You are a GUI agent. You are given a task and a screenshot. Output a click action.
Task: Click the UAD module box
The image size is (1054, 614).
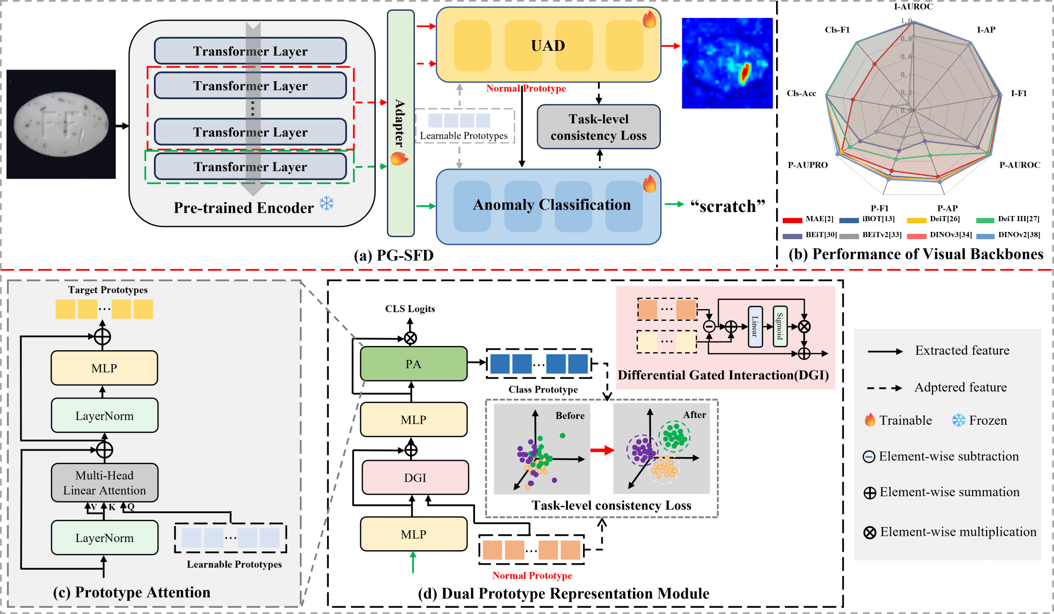click(x=548, y=45)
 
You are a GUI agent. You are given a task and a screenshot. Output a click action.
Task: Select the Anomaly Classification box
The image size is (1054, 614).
click(x=549, y=206)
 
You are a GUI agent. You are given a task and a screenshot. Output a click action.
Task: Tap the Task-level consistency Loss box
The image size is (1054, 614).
click(x=599, y=127)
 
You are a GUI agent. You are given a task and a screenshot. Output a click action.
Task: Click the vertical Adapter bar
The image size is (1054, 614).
click(x=400, y=123)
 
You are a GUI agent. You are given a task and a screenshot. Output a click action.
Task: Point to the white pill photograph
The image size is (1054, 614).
click(x=61, y=124)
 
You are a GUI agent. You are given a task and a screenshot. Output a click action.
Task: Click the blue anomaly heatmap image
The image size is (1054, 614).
click(x=727, y=63)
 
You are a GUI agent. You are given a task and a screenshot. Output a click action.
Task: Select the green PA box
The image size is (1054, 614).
click(x=413, y=364)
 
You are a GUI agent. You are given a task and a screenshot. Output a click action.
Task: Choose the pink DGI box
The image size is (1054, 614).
click(x=415, y=478)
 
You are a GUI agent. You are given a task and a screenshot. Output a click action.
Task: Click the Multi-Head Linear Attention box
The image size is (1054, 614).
click(x=104, y=482)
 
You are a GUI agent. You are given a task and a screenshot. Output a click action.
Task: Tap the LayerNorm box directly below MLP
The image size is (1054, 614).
click(x=104, y=416)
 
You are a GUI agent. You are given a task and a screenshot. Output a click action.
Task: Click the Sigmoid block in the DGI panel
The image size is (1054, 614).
click(x=780, y=326)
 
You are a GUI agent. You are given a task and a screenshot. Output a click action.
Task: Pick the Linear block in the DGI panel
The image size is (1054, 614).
click(x=755, y=326)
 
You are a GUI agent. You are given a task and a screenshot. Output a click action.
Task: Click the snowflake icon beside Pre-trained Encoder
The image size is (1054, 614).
click(x=327, y=204)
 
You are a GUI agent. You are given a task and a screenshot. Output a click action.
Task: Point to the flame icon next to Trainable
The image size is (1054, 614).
click(x=870, y=420)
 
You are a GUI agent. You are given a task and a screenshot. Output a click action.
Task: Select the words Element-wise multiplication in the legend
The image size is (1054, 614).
click(x=958, y=532)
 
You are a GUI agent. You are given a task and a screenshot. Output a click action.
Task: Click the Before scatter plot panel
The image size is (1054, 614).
click(x=541, y=449)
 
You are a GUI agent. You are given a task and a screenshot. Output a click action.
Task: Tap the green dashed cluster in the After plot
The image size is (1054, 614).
click(x=674, y=437)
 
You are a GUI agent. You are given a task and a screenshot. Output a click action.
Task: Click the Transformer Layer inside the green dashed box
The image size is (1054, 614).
click(x=250, y=167)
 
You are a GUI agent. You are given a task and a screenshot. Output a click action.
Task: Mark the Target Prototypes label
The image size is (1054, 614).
click(x=108, y=290)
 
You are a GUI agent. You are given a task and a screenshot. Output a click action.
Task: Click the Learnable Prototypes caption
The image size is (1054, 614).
click(x=234, y=564)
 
